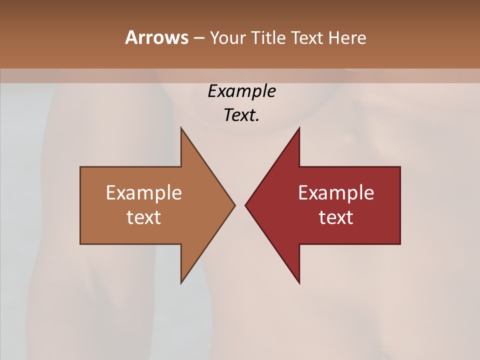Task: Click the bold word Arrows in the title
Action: [x=156, y=37]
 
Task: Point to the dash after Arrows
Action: [x=198, y=38]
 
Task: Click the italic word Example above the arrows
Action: [x=241, y=91]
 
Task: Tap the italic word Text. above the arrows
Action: [x=241, y=115]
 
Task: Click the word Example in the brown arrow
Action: [x=144, y=193]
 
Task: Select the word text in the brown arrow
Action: [x=144, y=217]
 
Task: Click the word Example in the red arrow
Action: [x=336, y=193]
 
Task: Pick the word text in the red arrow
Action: [x=336, y=217]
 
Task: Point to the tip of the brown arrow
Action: [x=234, y=205]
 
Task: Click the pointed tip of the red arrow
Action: [x=245, y=205]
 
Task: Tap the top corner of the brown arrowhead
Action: [x=181, y=128]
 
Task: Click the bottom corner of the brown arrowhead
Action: [x=181, y=283]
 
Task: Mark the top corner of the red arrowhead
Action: [x=299, y=128]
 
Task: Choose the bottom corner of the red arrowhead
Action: [x=299, y=283]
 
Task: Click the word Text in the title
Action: [x=308, y=37]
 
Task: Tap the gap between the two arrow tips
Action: [x=240, y=205]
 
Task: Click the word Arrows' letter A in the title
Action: [x=131, y=37]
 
